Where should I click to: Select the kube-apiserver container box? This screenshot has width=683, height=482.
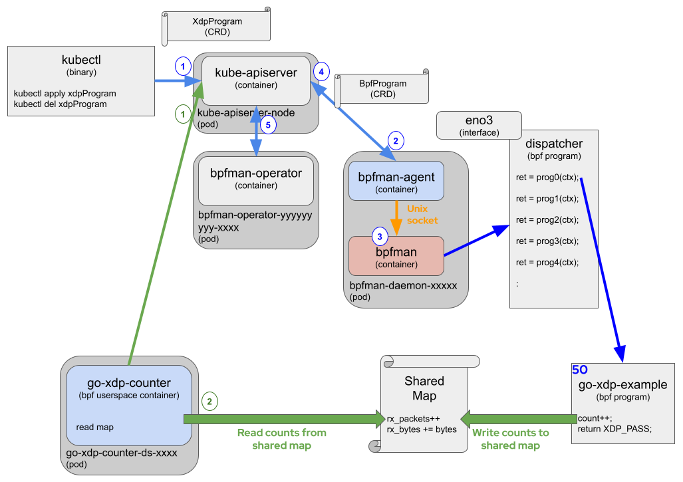coord(255,80)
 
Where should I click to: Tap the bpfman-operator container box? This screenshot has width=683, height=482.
coord(255,180)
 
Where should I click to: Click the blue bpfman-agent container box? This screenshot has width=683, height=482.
coord(396,180)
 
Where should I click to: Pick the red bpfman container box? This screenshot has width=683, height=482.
coord(396,256)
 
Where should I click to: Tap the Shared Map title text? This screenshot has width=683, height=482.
coord(424,388)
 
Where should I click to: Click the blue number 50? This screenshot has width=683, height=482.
coord(580,370)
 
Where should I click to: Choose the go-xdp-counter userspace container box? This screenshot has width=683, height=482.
coord(129,405)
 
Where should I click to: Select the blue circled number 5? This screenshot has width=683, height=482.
coord(267,125)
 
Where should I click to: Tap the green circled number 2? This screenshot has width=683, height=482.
coord(209,401)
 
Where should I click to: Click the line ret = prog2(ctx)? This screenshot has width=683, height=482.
coord(547,219)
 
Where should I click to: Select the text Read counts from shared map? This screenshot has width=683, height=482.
coord(282,439)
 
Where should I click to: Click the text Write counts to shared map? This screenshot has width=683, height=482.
coord(510,439)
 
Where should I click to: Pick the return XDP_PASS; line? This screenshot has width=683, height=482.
coord(615,429)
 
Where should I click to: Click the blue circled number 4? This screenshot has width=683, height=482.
coord(321,70)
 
